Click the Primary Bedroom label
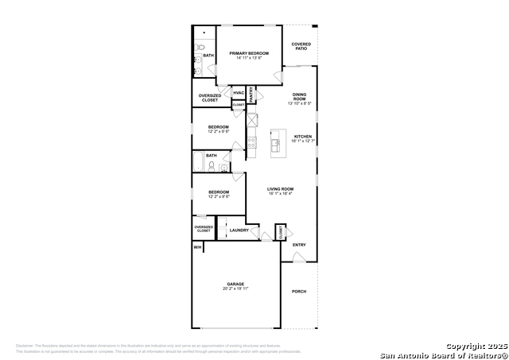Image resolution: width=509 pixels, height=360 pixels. [249, 53]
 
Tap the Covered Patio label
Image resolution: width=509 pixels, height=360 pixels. [301, 46]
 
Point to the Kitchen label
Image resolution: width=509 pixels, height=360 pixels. [303, 137]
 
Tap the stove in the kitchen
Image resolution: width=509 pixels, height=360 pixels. [251, 143]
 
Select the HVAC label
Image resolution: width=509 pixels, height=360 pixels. [239, 94]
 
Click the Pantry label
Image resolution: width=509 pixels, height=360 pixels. [251, 95]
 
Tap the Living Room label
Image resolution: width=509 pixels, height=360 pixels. [280, 189]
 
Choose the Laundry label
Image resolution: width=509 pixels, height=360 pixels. [239, 230]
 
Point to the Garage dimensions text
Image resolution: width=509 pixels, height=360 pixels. [235, 289]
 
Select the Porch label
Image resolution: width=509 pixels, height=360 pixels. [299, 292]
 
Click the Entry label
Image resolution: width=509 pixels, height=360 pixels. [299, 245]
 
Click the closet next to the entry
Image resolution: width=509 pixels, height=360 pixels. [280, 231]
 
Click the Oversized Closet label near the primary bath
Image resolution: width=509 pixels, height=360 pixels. [210, 98]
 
